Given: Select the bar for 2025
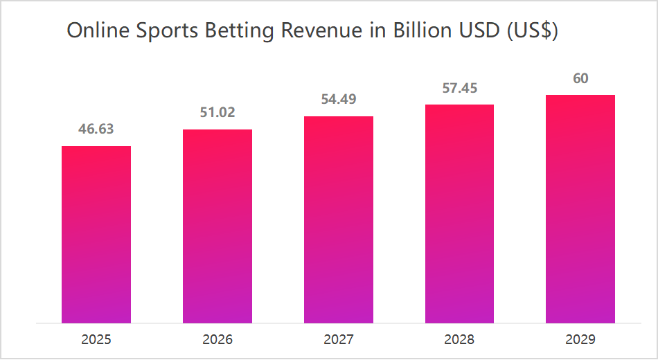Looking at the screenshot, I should tap(96, 235).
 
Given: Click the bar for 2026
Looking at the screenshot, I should tap(217, 226).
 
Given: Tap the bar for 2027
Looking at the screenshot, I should tap(339, 219).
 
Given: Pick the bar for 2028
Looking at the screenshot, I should tap(459, 214).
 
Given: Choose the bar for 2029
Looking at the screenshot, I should tap(580, 209).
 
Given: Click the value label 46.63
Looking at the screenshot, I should tap(96, 129).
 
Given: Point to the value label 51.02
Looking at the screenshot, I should tap(217, 112).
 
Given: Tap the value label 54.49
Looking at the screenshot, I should tap(339, 99).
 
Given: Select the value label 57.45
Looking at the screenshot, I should tap(459, 88).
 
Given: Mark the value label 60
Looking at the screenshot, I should tap(580, 78).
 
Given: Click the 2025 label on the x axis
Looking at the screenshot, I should tap(96, 340).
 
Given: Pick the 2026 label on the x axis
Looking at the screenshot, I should tap(217, 340).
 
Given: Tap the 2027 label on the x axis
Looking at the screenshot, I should tap(339, 340).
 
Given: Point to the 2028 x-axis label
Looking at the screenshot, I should tap(459, 340).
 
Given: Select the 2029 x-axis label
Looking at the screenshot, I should tap(580, 340).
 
